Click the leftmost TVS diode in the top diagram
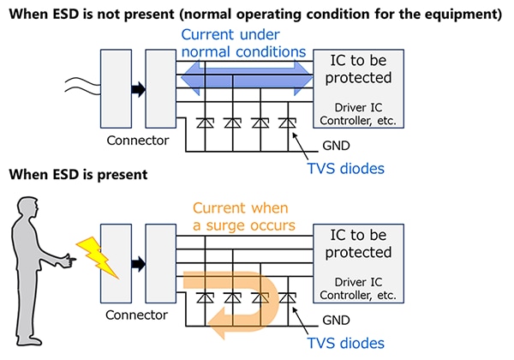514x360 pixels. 204,123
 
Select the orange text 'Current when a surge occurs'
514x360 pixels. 241,216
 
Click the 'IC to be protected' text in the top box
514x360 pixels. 356,69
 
